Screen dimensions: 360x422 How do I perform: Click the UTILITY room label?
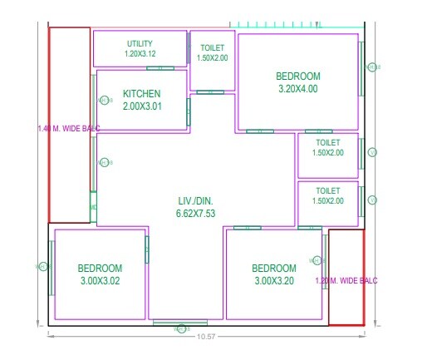coord(140,43)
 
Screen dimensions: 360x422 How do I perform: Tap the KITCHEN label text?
coord(141,94)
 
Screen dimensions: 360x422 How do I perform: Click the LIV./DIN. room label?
coord(196,200)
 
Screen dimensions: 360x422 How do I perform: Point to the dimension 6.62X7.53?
coord(196,214)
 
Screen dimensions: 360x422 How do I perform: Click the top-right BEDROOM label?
coord(297,76)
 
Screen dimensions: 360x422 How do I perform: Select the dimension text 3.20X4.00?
coord(297,89)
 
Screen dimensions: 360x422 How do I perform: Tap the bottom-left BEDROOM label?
coord(101,268)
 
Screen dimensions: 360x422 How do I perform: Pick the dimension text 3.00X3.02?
coord(101,281)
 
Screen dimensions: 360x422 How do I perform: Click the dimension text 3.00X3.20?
coord(274,281)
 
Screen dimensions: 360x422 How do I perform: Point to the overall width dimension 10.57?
coord(207,335)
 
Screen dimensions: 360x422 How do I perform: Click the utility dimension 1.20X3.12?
coord(140,53)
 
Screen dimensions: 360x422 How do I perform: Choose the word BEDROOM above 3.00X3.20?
coord(274,268)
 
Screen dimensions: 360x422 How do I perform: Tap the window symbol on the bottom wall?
coord(180,323)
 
